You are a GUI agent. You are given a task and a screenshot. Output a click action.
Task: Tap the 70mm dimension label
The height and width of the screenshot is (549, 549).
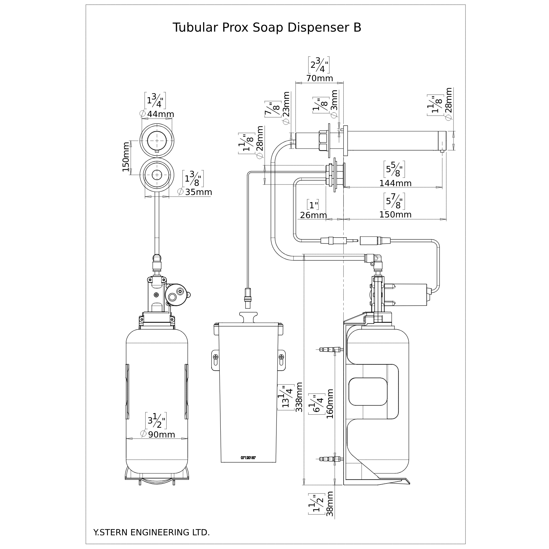pos(319,78)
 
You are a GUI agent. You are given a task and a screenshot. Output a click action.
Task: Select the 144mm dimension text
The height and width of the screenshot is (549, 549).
pos(395,183)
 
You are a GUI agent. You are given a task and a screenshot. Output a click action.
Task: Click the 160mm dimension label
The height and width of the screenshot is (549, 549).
pos(330,404)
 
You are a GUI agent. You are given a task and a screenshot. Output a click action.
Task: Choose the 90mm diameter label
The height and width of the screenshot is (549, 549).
pos(161,434)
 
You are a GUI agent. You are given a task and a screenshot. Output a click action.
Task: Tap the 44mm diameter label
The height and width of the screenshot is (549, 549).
pos(160,114)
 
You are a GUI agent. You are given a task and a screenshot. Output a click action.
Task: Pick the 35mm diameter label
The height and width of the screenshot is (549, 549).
pos(199,192)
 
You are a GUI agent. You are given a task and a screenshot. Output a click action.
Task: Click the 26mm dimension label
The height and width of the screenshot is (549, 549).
pos(313,215)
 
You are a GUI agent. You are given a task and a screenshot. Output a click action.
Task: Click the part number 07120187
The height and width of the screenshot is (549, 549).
pos(248,458)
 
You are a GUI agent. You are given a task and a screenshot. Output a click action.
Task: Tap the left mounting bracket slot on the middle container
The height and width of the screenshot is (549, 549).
pos(215,361)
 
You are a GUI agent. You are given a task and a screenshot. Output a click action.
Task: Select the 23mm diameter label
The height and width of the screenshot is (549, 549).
pos(286,108)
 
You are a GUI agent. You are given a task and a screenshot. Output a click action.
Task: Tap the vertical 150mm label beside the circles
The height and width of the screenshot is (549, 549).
pos(126,157)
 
